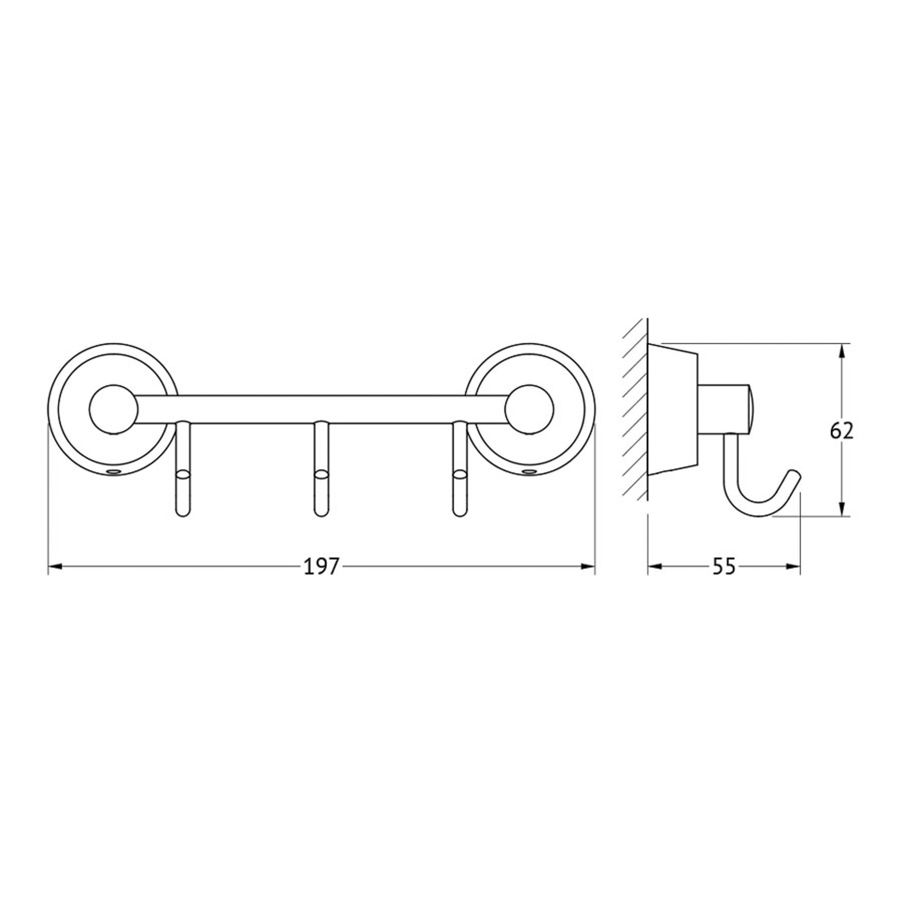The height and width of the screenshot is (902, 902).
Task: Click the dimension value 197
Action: pyautogui.click(x=321, y=567)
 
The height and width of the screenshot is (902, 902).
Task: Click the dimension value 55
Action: pyautogui.click(x=724, y=567)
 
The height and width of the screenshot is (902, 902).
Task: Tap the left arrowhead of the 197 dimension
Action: pyautogui.click(x=55, y=567)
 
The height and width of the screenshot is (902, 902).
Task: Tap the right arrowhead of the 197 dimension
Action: pyautogui.click(x=587, y=567)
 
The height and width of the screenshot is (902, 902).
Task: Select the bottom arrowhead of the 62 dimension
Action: pyautogui.click(x=842, y=509)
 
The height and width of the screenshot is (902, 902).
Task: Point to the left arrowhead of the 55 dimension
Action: pyautogui.click(x=655, y=567)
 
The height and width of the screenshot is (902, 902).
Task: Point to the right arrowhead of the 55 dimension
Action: pyautogui.click(x=793, y=567)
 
